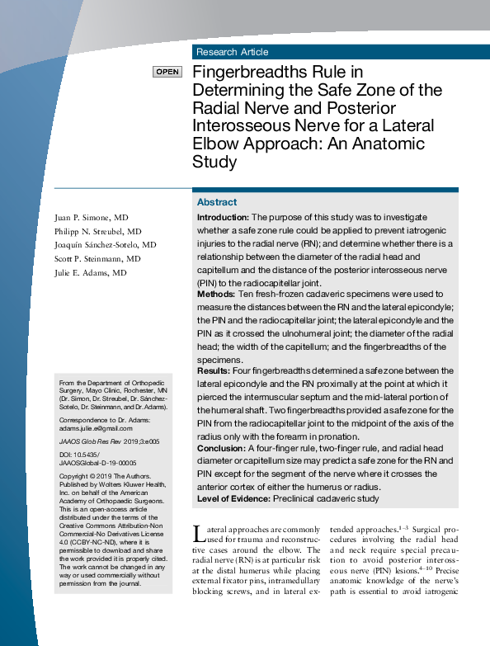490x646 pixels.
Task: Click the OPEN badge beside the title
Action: click(x=167, y=72)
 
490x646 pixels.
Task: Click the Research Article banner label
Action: click(x=232, y=52)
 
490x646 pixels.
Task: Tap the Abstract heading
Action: click(x=217, y=202)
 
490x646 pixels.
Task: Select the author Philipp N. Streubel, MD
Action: click(x=97, y=231)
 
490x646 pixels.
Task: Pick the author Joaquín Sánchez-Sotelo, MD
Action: click(x=106, y=245)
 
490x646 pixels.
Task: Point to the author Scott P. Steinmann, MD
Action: click(x=97, y=258)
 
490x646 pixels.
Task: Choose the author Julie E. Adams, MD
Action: click(x=91, y=272)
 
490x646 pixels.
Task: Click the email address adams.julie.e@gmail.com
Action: click(x=96, y=429)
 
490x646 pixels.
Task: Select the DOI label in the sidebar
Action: click(x=66, y=455)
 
